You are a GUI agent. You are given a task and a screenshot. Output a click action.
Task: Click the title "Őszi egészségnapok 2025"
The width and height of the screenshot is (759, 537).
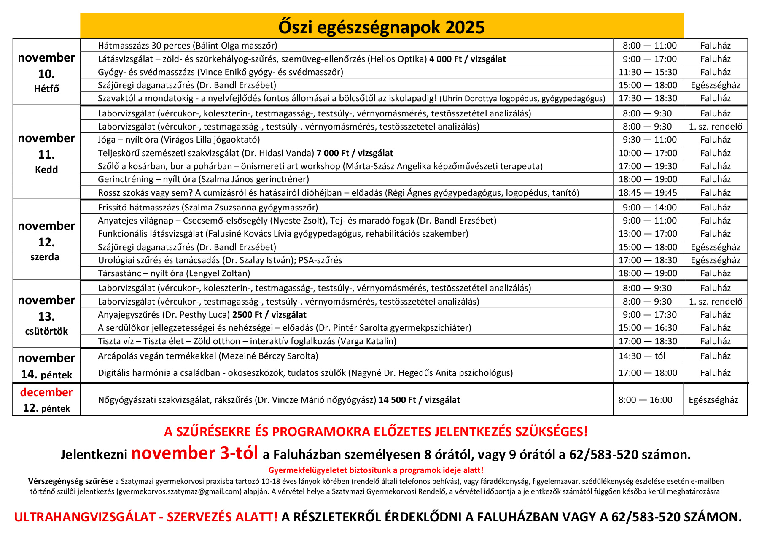tap(381, 27)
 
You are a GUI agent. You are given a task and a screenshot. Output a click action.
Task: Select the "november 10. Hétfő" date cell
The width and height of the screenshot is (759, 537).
tap(46, 72)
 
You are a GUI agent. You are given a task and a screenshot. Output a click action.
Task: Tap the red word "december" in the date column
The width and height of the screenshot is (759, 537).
tap(46, 392)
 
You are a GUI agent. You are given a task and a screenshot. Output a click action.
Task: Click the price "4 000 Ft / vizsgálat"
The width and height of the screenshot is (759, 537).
tap(467, 59)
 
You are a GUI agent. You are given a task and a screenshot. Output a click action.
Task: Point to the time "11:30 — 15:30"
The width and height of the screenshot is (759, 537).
tap(648, 72)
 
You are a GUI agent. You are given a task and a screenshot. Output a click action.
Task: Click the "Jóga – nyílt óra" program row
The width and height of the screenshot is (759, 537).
tap(179, 140)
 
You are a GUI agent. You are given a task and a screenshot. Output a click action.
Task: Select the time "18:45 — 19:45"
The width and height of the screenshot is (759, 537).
tap(648, 193)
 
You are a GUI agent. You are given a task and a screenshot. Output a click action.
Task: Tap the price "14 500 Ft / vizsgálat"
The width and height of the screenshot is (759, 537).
tap(419, 400)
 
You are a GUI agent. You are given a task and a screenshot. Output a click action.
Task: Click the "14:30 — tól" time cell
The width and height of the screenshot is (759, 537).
tap(642, 356)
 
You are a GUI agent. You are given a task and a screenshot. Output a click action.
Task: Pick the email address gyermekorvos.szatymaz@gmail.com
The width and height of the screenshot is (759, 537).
tap(179, 491)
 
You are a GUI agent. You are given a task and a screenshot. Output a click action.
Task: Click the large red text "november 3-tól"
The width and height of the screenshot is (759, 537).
tap(194, 453)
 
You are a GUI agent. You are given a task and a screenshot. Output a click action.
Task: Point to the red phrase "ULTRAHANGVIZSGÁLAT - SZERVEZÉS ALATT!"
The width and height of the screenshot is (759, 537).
tap(146, 517)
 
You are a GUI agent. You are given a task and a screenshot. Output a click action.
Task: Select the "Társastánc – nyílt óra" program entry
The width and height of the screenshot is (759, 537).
tap(174, 273)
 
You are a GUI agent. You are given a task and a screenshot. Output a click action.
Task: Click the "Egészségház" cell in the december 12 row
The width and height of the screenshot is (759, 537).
tap(713, 400)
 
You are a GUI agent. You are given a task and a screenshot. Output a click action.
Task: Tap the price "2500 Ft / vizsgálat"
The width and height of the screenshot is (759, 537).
tap(269, 315)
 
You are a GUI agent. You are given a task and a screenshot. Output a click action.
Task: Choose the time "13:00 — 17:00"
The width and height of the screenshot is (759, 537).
tap(648, 234)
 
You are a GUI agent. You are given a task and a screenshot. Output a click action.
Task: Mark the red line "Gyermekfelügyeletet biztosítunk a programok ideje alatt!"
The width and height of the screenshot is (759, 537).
tap(376, 470)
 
